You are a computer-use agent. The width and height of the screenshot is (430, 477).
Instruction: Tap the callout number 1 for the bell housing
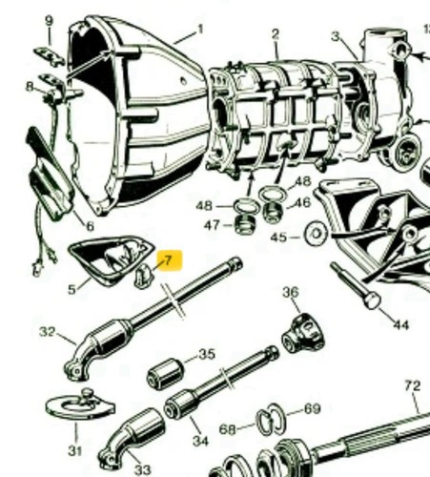(200, 30)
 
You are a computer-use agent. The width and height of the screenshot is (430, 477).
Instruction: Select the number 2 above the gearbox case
(276, 34)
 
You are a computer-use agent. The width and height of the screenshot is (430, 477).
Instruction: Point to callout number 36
(291, 292)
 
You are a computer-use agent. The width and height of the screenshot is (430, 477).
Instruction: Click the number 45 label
(278, 238)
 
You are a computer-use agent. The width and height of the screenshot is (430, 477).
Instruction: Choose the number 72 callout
(413, 385)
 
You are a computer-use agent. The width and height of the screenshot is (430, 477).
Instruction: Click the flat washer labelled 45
(316, 234)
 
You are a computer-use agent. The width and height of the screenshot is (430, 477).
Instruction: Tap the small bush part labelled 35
(166, 373)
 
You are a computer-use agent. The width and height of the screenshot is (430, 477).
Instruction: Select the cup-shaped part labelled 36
(303, 333)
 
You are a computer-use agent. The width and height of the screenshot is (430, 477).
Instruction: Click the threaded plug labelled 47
(245, 224)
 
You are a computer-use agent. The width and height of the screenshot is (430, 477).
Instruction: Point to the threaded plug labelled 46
(273, 212)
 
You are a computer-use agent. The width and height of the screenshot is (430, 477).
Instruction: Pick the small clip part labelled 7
(143, 276)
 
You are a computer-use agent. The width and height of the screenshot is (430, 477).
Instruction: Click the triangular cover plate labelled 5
(110, 259)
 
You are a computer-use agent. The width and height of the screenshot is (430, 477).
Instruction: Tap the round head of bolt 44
(372, 301)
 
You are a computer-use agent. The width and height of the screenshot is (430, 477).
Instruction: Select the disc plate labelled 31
(80, 406)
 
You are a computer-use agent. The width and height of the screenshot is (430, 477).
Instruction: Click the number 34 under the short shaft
(200, 441)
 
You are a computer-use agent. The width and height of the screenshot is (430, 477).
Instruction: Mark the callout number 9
(49, 21)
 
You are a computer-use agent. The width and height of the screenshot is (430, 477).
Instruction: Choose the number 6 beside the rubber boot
(91, 226)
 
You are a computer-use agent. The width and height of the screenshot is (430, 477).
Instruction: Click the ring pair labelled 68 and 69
(271, 419)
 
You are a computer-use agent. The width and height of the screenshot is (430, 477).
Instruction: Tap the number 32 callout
(48, 332)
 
